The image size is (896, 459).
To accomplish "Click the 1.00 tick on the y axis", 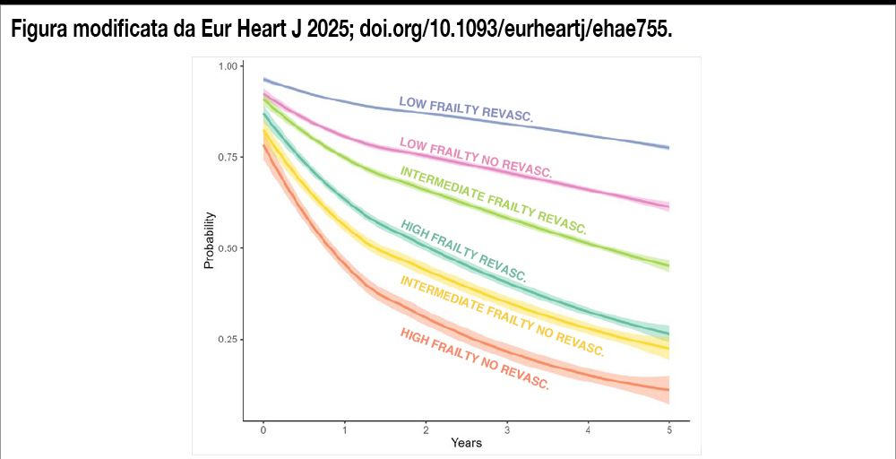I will [228, 66].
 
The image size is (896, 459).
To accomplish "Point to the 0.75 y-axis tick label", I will [228, 158].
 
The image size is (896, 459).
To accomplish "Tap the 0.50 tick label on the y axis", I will [228, 248].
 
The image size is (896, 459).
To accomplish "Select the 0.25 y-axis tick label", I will [228, 340].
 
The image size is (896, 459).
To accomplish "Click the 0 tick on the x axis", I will [263, 430].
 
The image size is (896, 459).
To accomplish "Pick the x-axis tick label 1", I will [345, 430].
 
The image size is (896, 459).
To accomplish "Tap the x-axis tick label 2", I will [426, 430].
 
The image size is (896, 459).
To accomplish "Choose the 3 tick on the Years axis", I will [507, 430].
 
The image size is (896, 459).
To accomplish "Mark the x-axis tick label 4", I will [588, 430].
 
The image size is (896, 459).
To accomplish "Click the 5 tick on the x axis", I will [669, 430].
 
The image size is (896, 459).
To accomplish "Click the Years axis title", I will [466, 443].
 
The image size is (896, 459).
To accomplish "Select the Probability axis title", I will [210, 240].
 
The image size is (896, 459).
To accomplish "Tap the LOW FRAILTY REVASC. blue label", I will [466, 109].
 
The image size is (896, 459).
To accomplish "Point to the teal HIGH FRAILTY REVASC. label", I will [463, 250].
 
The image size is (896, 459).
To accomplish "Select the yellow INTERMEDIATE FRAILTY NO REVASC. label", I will [502, 316].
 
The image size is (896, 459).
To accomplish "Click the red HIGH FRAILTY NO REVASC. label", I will [474, 359].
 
